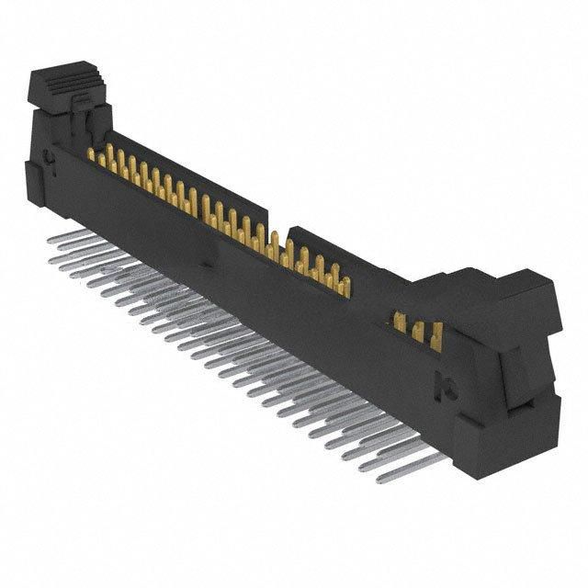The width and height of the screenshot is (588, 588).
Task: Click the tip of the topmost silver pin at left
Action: (51, 236)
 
